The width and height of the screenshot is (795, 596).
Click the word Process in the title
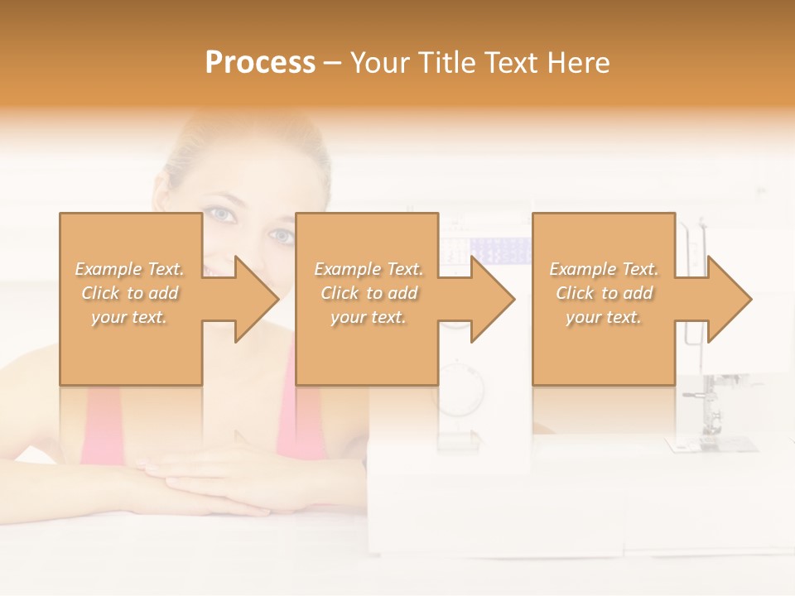tap(260, 62)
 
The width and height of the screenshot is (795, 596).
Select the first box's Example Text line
tap(130, 269)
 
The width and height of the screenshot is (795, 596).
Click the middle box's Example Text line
tap(369, 269)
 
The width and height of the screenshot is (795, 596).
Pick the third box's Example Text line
tap(604, 269)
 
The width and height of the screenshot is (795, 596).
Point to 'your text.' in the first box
tap(130, 317)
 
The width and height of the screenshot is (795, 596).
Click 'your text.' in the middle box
tap(369, 317)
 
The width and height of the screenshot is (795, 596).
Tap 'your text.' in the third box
tap(604, 317)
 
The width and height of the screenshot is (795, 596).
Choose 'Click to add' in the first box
tap(130, 293)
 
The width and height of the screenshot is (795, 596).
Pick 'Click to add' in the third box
tap(604, 293)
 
